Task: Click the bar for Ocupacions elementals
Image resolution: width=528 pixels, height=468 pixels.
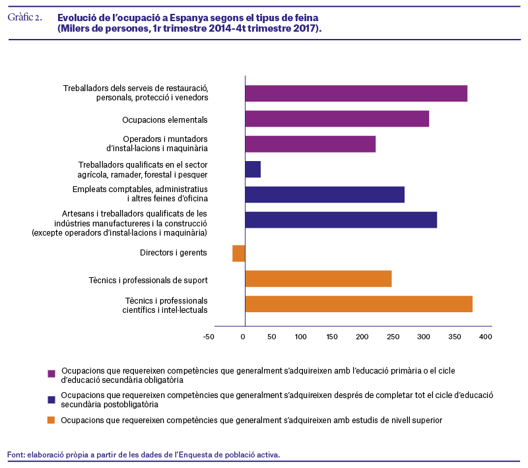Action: [x=337, y=119]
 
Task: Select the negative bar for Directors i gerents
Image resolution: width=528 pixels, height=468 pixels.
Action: [x=239, y=253]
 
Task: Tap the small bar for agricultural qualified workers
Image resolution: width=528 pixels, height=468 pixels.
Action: [x=253, y=170]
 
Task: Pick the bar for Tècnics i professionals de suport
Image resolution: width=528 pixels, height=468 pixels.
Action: [x=319, y=279]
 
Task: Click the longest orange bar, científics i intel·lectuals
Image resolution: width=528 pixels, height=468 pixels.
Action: [x=359, y=304]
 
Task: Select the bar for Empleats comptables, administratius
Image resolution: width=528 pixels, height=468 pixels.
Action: [x=325, y=195]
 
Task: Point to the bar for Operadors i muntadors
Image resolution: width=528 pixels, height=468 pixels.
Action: [x=310, y=144]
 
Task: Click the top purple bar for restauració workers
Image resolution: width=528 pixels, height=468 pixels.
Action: [x=356, y=93]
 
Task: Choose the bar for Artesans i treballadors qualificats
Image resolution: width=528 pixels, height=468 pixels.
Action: [x=341, y=220]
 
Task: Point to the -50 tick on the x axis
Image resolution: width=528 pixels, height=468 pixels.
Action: [x=209, y=337]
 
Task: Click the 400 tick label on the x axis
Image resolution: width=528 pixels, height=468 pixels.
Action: [x=486, y=337]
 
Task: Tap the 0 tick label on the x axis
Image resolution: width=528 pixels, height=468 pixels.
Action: [x=243, y=337]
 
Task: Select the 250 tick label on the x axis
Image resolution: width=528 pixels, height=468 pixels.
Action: [x=393, y=337]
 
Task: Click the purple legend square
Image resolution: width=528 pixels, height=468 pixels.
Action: [x=51, y=374]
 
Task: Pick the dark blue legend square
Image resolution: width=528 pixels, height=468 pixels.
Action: [x=51, y=399]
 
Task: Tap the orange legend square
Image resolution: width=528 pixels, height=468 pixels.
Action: [x=51, y=420]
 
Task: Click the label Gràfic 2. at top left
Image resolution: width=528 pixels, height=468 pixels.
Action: [x=25, y=17]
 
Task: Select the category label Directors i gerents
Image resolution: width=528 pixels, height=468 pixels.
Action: [x=174, y=253]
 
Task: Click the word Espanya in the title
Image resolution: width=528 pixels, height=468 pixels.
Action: [x=189, y=18]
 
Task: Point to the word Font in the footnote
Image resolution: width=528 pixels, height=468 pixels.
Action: [x=16, y=455]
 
